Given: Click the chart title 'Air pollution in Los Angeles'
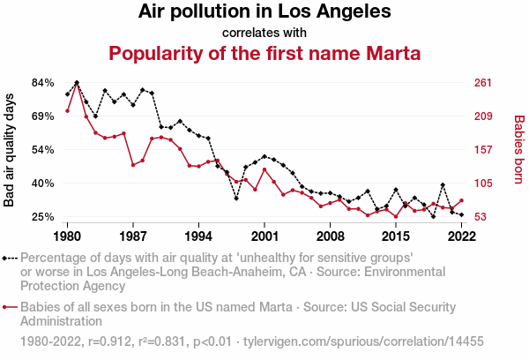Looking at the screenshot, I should (264, 12).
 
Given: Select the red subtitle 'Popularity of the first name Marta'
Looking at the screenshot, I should (264, 53).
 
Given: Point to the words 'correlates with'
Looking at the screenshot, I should (264, 33).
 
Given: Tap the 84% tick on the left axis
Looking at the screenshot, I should (43, 83).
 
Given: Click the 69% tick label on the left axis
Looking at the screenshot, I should (43, 116).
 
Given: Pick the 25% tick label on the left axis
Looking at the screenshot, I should (43, 217).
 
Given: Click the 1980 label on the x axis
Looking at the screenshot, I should (67, 236).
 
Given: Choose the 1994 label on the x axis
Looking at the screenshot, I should (198, 236).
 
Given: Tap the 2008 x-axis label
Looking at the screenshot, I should (330, 236).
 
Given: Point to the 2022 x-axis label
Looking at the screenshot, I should (461, 236).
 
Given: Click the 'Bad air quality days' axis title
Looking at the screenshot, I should (11, 149).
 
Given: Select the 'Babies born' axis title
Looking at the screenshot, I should (519, 149).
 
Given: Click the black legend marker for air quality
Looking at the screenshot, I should (6, 259).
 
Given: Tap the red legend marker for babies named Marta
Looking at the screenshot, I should (6, 307).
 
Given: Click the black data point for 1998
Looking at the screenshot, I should (236, 199).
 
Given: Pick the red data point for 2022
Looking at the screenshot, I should (461, 200).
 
